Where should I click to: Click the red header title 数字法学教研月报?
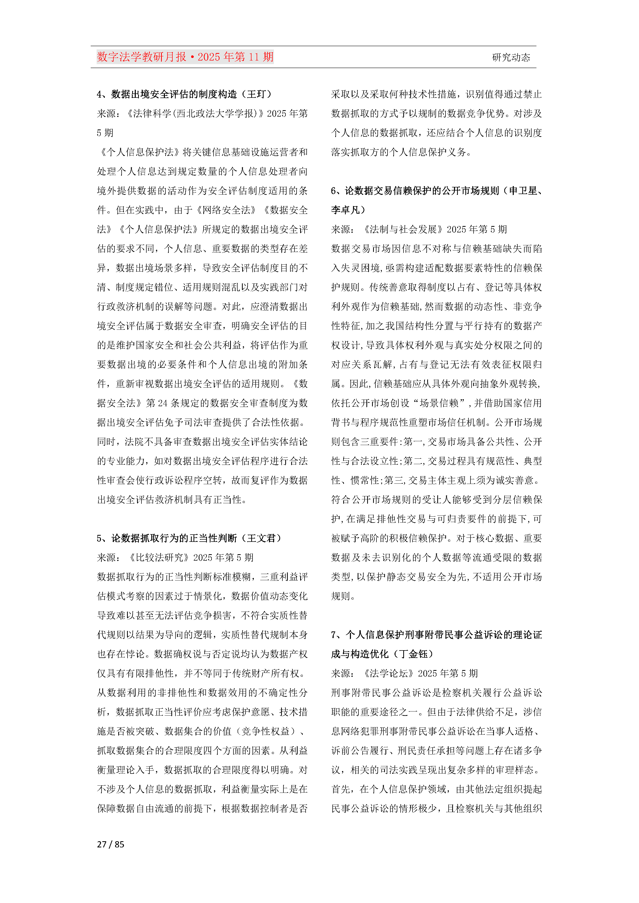(x=141, y=57)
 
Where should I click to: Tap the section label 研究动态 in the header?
(x=511, y=57)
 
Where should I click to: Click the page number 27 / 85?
(x=110, y=844)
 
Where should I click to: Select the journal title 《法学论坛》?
(x=388, y=673)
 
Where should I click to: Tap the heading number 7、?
(x=337, y=635)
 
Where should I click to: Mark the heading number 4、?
(x=103, y=94)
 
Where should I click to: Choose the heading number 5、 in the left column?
(x=103, y=538)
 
